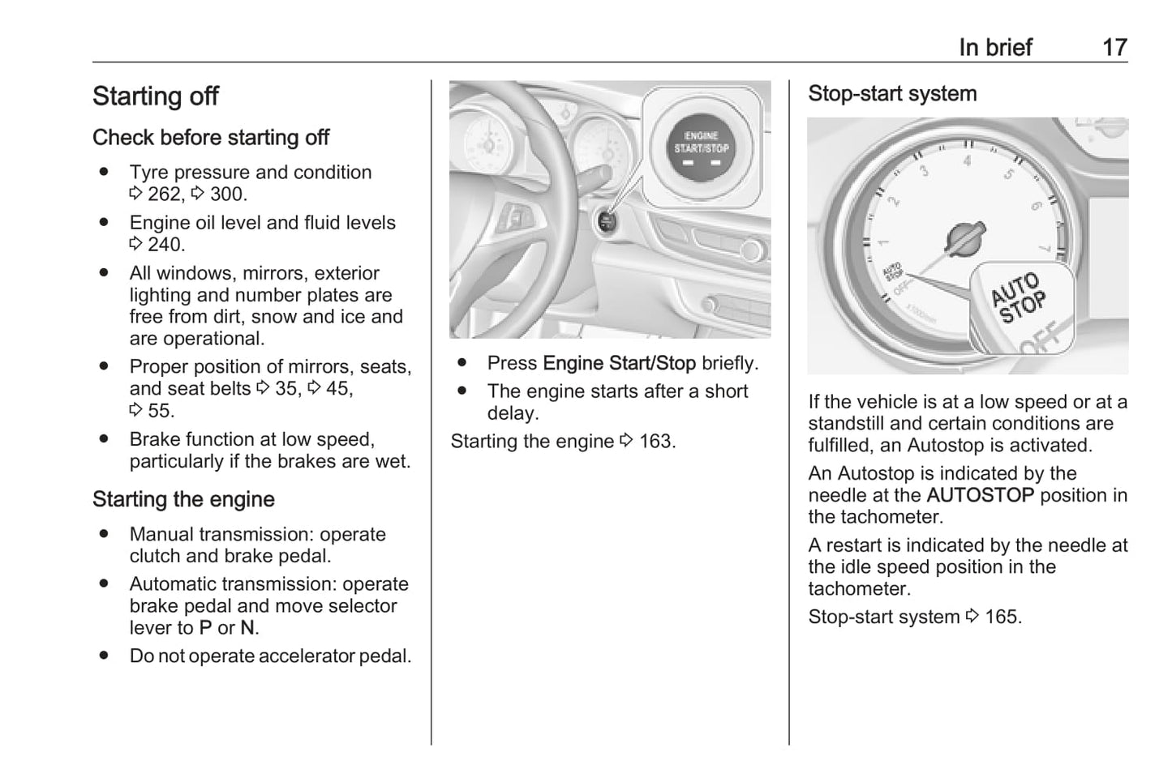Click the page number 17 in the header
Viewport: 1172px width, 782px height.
click(x=1114, y=47)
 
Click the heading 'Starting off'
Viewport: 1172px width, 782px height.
click(x=156, y=96)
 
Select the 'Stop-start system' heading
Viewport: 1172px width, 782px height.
click(x=892, y=94)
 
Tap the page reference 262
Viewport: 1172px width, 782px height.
click(x=165, y=194)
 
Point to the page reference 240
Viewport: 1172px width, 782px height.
click(x=165, y=245)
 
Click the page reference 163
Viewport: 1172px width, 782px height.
click(x=655, y=442)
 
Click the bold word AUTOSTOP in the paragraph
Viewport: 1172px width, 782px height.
click(x=980, y=495)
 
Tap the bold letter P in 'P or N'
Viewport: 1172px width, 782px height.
click(x=205, y=628)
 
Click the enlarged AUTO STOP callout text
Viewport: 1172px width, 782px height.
click(x=1019, y=298)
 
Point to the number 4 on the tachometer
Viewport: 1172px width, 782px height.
click(x=967, y=161)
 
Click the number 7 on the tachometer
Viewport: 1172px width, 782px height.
click(x=1044, y=248)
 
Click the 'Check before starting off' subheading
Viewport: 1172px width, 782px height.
click(x=211, y=138)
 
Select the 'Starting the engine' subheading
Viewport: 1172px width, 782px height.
click(x=183, y=500)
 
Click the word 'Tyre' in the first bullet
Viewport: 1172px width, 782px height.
click(x=149, y=173)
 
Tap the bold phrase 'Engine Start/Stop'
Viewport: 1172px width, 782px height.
click(x=619, y=364)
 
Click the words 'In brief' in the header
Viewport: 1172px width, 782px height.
click(x=995, y=47)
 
